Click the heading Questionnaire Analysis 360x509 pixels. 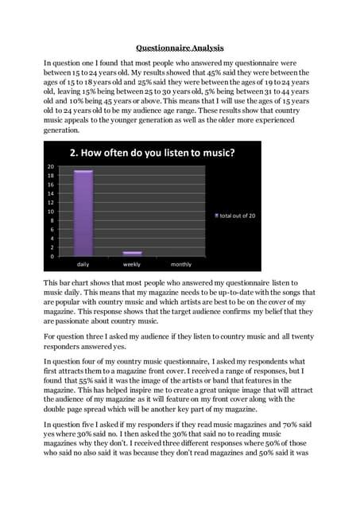(x=179, y=47)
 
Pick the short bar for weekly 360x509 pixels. (x=132, y=253)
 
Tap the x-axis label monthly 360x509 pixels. (x=181, y=264)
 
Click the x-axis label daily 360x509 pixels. (x=83, y=264)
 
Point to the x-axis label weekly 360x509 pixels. (x=132, y=264)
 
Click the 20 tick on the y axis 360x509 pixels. (x=50, y=167)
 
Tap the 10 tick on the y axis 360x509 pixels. (x=50, y=212)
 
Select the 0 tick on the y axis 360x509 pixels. (x=52, y=256)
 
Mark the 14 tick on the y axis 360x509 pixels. (x=50, y=193)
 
